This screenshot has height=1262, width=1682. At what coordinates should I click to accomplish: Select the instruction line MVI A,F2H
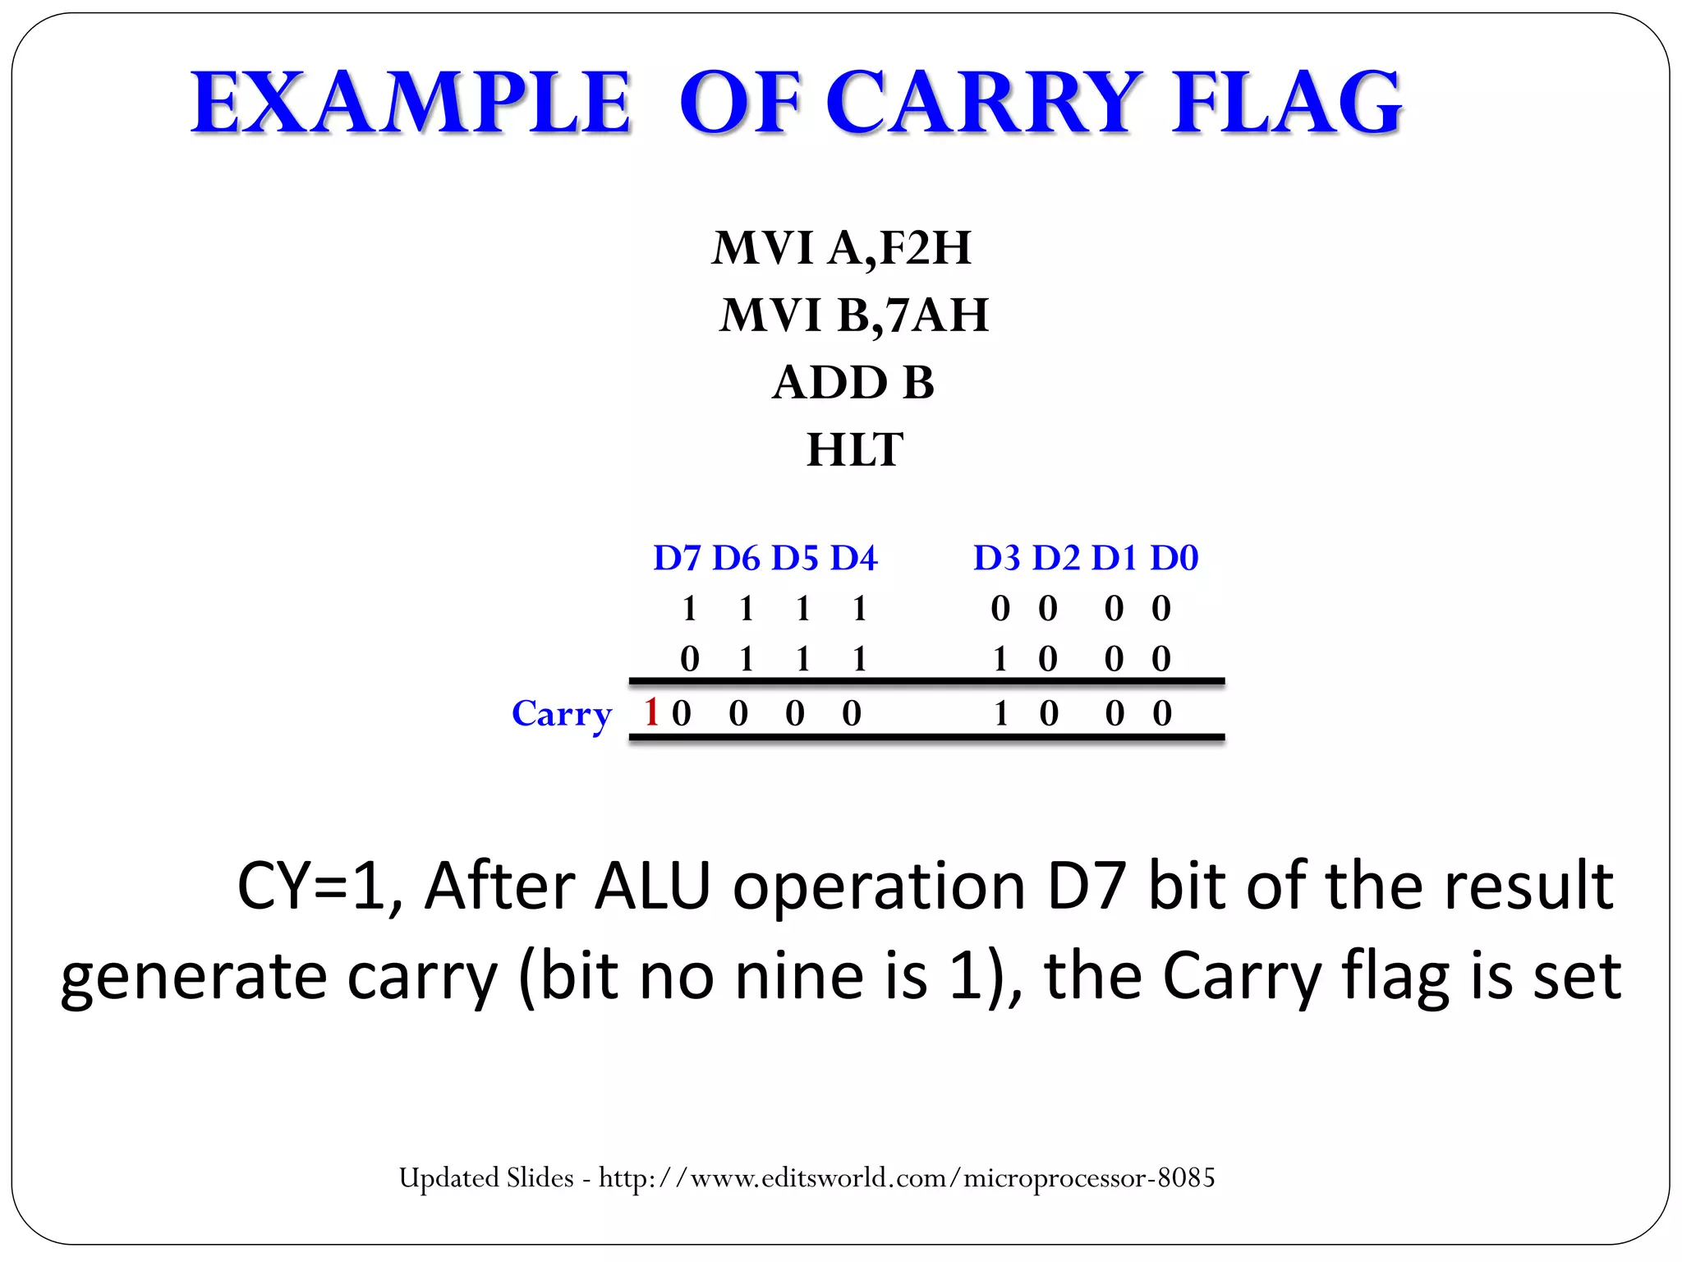coord(842,247)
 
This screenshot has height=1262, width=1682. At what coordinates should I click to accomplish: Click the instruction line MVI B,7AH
coord(854,315)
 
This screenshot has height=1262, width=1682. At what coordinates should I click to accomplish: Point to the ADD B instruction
coord(853,382)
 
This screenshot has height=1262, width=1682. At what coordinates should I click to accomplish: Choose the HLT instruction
coord(855,449)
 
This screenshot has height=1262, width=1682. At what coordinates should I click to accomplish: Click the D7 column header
coord(677,558)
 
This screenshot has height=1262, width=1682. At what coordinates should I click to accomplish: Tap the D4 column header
coord(854,558)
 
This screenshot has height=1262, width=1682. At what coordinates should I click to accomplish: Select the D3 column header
coord(996,558)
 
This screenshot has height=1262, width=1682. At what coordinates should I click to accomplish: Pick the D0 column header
coord(1174,558)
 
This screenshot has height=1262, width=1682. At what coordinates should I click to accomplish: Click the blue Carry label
coord(562,714)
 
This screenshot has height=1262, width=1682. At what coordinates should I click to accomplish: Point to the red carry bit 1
coord(652,712)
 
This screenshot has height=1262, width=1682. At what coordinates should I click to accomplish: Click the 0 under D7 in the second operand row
coord(690,659)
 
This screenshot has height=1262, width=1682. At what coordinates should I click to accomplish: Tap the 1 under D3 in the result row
coord(1000,713)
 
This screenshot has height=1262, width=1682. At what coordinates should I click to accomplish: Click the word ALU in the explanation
coord(652,886)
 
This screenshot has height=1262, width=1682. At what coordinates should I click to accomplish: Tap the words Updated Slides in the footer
coord(486,1178)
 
